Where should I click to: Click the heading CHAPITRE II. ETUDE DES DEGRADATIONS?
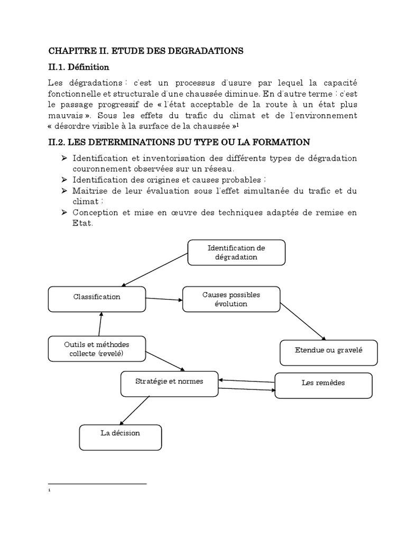click(x=145, y=51)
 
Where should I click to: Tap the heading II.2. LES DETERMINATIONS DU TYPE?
click(x=179, y=142)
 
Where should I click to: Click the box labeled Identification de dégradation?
click(x=236, y=253)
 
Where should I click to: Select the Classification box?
click(x=97, y=299)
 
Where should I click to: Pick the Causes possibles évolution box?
click(x=231, y=299)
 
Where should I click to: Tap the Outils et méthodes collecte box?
click(x=97, y=349)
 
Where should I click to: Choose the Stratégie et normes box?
click(x=169, y=384)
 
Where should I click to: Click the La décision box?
click(x=120, y=436)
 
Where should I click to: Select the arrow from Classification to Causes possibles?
click(x=164, y=300)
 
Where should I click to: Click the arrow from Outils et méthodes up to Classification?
click(x=100, y=323)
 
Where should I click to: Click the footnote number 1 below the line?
click(x=49, y=491)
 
